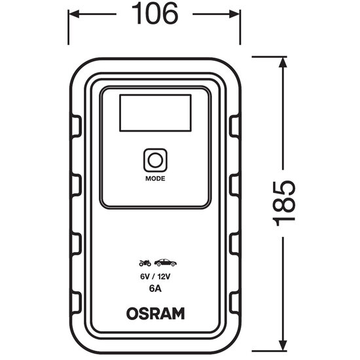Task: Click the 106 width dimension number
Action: click(155, 14)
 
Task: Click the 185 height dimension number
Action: click(283, 203)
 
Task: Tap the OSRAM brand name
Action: click(155, 314)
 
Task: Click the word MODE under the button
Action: click(155, 179)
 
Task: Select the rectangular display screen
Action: click(155, 113)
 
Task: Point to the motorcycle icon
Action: click(145, 263)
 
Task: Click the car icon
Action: click(166, 262)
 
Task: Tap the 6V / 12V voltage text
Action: click(155, 277)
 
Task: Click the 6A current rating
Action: click(155, 289)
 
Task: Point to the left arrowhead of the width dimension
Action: click(73, 14)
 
